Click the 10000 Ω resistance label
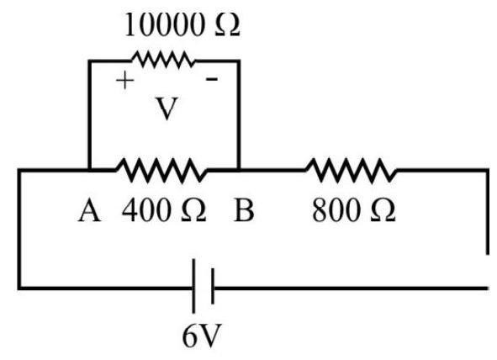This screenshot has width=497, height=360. click(x=182, y=24)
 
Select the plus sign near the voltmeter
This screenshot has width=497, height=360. click(x=125, y=80)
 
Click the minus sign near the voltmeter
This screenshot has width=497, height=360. click(x=212, y=78)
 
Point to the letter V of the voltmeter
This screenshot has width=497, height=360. click(x=167, y=109)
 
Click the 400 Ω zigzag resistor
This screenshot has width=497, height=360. click(x=162, y=171)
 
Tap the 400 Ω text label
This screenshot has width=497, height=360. click(x=164, y=210)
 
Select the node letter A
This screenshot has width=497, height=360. click(x=90, y=211)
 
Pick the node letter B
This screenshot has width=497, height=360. click(x=243, y=210)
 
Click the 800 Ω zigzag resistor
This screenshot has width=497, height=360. click(x=352, y=171)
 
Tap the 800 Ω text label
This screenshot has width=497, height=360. click(x=353, y=210)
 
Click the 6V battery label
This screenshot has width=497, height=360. click(x=202, y=336)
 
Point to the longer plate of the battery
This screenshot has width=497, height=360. click(x=193, y=286)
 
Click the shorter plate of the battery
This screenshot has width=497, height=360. click(x=213, y=286)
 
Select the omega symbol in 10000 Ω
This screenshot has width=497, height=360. click(x=227, y=25)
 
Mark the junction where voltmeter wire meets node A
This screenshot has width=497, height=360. click(x=90, y=171)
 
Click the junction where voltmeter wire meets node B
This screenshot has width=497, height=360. click(x=239, y=171)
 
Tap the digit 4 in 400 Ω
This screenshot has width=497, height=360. click(x=131, y=210)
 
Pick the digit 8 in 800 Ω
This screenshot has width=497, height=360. click(x=320, y=211)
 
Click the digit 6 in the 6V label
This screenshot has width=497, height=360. click(x=190, y=336)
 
